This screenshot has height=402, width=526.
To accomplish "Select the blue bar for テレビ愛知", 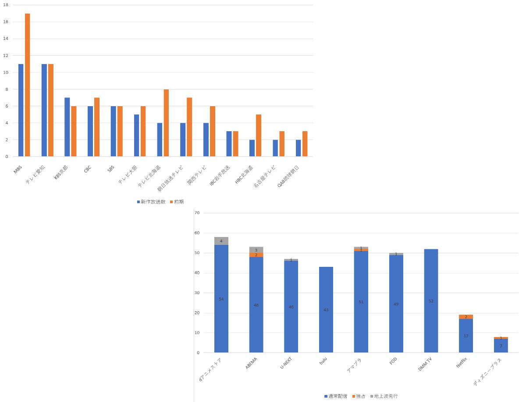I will tap(44, 110).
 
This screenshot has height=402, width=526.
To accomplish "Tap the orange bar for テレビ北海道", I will tap(166, 123).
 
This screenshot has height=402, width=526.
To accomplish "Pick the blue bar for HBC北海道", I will tap(252, 148).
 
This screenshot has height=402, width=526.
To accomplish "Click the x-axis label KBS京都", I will tap(61, 172).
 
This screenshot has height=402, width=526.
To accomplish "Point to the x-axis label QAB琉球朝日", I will tap(288, 176).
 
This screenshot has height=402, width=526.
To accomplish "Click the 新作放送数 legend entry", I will tap(151, 202).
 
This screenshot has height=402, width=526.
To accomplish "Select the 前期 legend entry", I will tap(177, 202).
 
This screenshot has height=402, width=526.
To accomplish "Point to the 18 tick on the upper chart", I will tap(6, 5).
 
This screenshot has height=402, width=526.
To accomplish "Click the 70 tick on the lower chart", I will tap(197, 213).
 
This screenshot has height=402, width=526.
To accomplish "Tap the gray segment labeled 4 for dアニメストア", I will tap(221, 241).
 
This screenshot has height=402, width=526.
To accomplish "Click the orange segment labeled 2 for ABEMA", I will tap(256, 255).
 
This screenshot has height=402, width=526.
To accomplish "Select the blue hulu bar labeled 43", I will tap(326, 309).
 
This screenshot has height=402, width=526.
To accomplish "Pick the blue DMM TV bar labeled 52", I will tap(431, 301).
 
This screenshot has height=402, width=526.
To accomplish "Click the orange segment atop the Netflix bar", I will tap(466, 317).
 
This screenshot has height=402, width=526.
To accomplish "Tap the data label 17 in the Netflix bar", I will tap(466, 336).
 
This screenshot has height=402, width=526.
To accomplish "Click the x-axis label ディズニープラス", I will tap(487, 372).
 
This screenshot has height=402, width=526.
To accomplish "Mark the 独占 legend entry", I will tap(359, 396).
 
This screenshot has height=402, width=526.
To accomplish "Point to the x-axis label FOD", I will tap(393, 360).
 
